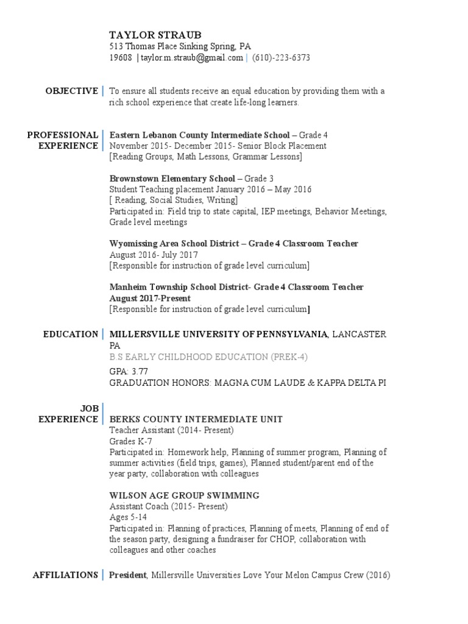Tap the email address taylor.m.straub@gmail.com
tap(193, 58)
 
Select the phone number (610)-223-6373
tap(281, 58)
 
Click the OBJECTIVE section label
tap(71, 91)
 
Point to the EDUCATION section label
tap(71, 334)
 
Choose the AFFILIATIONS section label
tap(65, 575)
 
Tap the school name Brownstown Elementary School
tap(172, 179)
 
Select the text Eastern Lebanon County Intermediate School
tap(199, 135)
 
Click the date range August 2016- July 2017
tap(154, 255)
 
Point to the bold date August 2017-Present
tap(150, 298)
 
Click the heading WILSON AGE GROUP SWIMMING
tap(184, 495)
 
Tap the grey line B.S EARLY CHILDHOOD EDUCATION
tap(208, 356)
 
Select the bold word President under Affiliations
tap(128, 575)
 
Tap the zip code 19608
tap(121, 58)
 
